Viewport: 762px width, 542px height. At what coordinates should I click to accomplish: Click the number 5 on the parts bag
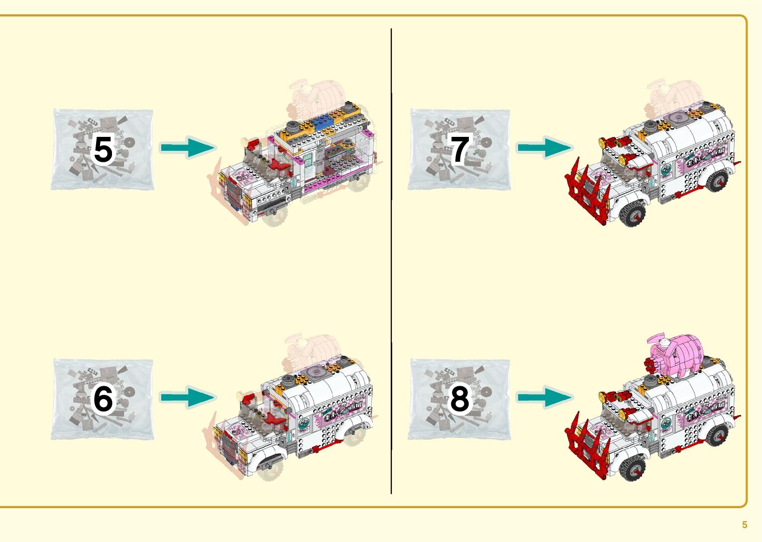(103, 149)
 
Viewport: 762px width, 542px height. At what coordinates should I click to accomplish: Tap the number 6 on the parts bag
(103, 399)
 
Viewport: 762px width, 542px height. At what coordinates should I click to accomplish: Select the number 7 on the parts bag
(459, 149)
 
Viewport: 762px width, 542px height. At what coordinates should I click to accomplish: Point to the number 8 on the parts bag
(459, 399)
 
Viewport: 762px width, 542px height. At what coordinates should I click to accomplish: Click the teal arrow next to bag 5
(188, 147)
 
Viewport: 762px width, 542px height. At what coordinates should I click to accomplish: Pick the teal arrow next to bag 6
(188, 397)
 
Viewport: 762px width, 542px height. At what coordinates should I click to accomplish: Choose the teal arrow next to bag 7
(544, 147)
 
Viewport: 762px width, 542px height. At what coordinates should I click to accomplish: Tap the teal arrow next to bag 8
(544, 397)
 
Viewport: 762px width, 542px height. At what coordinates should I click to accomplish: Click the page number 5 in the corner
(745, 525)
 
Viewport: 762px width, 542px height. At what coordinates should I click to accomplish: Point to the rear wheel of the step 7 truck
(717, 182)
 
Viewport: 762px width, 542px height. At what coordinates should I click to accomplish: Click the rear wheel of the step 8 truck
(717, 435)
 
